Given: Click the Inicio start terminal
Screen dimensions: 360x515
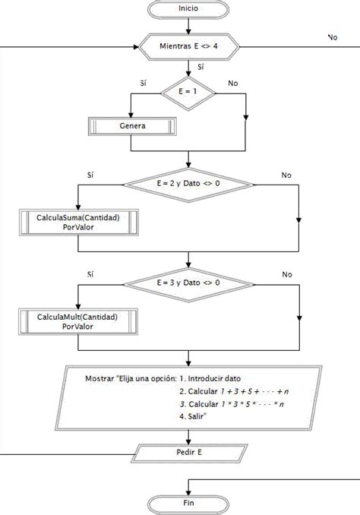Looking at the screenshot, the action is [x=188, y=9].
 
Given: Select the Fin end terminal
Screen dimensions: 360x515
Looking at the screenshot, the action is [x=188, y=504].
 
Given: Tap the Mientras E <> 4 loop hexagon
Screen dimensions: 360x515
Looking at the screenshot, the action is [x=189, y=46].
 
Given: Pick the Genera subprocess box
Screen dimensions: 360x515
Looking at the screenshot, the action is [x=132, y=126].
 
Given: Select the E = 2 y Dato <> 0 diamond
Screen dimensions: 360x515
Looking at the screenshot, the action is [x=188, y=185].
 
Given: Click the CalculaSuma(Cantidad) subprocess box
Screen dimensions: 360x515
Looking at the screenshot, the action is [x=78, y=223].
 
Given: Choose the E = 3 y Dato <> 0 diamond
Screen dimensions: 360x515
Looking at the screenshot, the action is [x=188, y=284].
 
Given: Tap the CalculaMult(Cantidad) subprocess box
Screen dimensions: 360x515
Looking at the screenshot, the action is [x=77, y=321].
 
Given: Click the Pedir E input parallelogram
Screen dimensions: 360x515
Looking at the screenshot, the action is [x=189, y=453].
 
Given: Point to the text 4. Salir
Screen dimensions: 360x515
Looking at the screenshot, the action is [x=193, y=416].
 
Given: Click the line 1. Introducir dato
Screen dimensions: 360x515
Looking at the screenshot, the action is [x=210, y=378].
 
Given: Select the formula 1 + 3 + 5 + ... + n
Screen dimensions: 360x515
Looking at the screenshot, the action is [x=254, y=391].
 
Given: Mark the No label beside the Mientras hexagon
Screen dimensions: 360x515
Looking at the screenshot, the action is [x=333, y=37].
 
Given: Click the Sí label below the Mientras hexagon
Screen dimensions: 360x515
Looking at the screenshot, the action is [x=201, y=67].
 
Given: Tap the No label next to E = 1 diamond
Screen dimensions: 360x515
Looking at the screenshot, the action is [x=233, y=83].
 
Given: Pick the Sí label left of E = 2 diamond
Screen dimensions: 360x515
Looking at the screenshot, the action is [x=90, y=175].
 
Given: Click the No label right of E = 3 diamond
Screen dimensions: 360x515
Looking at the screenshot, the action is [x=287, y=274].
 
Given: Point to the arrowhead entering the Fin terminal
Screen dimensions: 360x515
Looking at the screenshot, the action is [x=188, y=493].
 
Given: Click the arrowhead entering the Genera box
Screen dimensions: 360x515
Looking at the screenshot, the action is [x=131, y=115].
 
